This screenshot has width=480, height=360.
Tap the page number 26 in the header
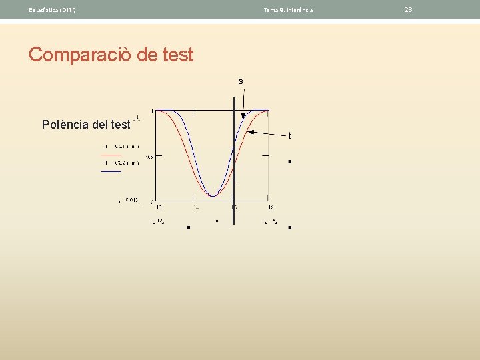409,9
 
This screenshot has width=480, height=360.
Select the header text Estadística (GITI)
52,9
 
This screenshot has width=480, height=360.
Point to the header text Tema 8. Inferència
288,9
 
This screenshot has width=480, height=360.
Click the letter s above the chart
241,81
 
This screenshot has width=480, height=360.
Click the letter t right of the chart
289,136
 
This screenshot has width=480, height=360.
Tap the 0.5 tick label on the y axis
149,156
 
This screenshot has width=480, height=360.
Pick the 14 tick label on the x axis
196,207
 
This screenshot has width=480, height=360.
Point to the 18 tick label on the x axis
271,207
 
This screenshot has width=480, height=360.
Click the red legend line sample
111,155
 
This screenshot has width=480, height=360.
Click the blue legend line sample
111,172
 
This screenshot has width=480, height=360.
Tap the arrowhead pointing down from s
243,116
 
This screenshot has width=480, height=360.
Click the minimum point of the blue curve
213,196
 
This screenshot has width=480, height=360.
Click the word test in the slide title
177,55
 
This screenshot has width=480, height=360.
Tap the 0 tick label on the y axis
152,201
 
